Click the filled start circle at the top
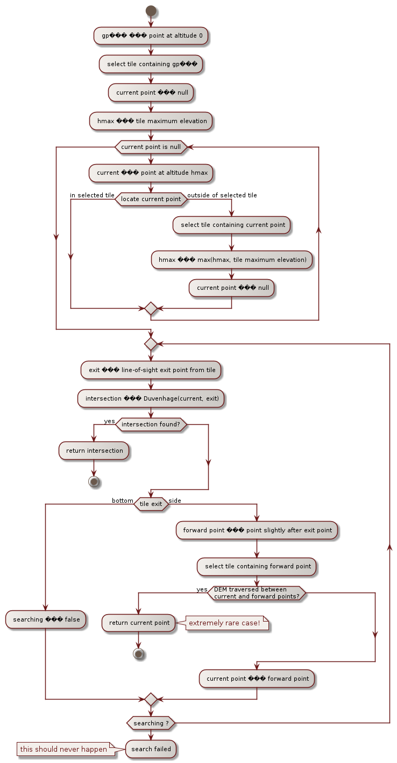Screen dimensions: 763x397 pos(151,11)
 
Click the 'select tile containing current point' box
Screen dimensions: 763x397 pos(231,225)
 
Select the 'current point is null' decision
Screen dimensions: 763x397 pos(151,146)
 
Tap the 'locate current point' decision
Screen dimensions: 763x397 pos(151,199)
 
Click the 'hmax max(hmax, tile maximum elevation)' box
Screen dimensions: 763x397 pos(231,260)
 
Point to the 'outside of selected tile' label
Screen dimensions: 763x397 pos(222,195)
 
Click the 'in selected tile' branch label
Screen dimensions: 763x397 pos(92,195)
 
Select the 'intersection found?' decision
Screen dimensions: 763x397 pos(151,425)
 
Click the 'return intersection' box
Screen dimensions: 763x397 pos(94,451)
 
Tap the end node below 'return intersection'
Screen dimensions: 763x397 pos(94,481)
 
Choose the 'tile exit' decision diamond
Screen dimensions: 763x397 pos(151,504)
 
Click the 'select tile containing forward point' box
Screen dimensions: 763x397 pos(257,566)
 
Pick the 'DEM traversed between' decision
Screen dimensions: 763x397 pos(257,593)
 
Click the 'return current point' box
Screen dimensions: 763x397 pos(139,623)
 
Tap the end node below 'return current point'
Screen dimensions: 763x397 pos(139,653)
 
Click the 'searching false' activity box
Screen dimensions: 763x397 pos(46,619)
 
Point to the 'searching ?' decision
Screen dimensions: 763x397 pos(151,723)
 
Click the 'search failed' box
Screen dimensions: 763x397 pos(151,749)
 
